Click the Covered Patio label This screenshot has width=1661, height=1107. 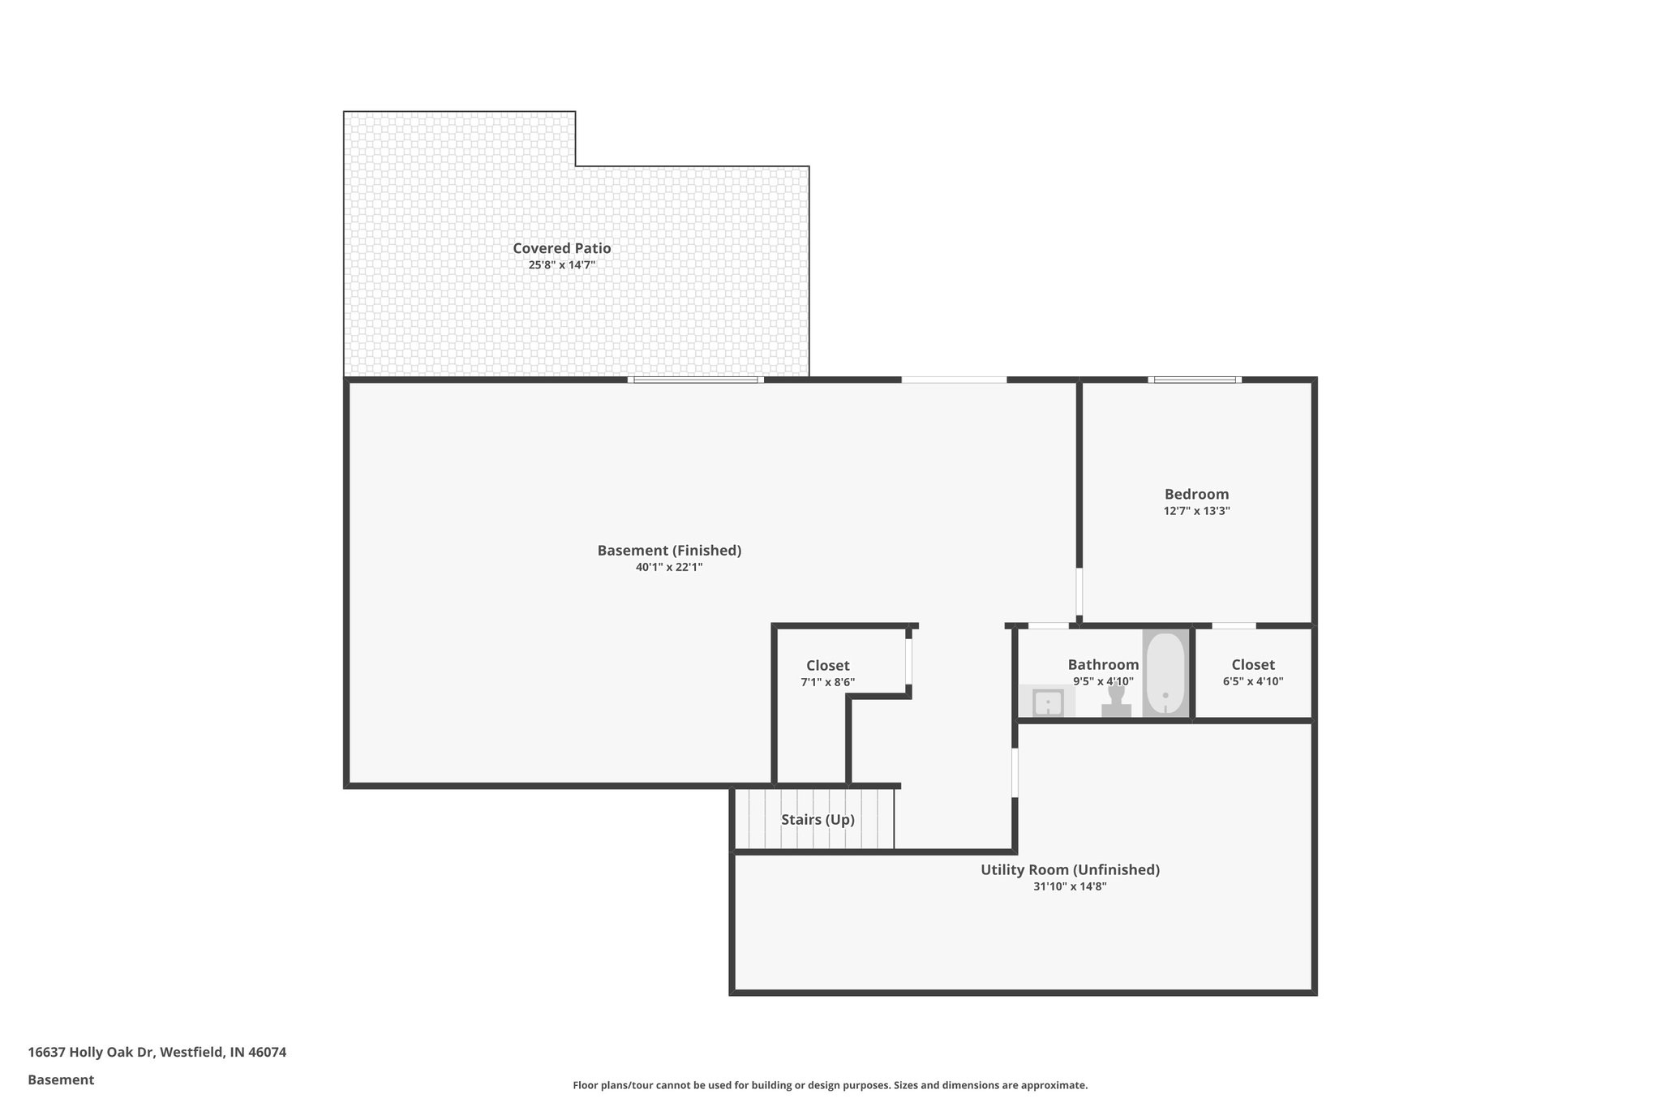(561, 248)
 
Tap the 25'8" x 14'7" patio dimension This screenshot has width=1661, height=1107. (561, 265)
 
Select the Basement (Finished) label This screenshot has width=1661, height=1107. (669, 551)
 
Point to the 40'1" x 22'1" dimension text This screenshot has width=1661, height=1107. (669, 568)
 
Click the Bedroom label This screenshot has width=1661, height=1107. (1196, 494)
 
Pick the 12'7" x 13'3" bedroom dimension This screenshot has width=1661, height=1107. (1196, 511)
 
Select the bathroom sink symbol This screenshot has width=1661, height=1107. (1048, 702)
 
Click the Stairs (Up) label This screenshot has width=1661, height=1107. (818, 820)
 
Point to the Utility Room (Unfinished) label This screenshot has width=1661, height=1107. (1070, 870)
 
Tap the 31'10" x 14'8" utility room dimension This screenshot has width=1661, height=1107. (1070, 887)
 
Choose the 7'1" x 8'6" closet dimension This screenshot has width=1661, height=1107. (827, 683)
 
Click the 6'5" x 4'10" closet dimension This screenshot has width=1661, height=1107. (1253, 682)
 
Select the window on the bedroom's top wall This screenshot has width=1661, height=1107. (1195, 380)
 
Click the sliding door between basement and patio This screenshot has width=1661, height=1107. (696, 380)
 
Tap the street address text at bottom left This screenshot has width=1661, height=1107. (157, 1053)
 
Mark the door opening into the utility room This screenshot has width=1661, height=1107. (1015, 773)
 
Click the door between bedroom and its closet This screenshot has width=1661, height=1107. (1234, 625)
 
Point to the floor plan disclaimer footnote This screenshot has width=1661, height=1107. (830, 1085)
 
